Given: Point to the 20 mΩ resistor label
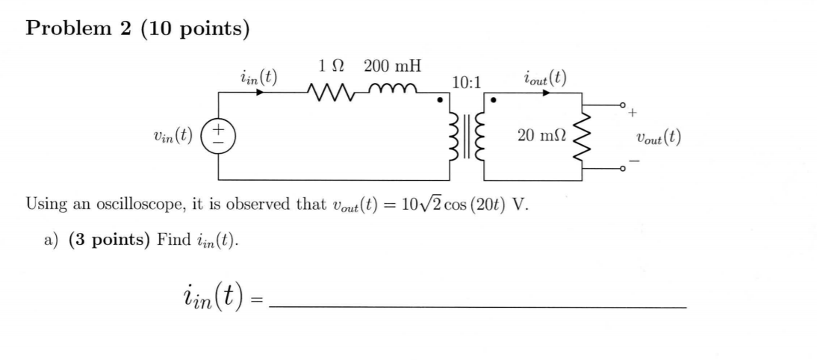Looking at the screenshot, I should click(x=541, y=136).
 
